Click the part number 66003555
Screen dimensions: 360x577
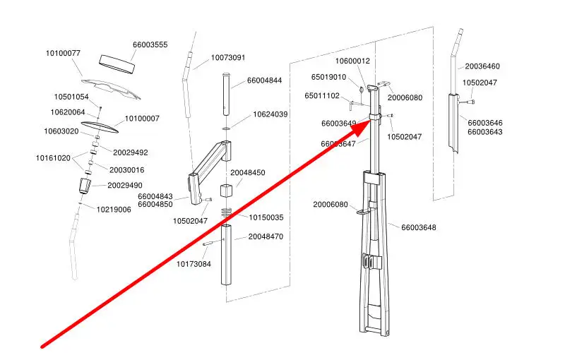(150, 44)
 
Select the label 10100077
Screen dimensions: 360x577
(63, 53)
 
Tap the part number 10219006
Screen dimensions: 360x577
(114, 210)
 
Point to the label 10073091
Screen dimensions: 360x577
(227, 58)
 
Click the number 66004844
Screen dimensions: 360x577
(264, 80)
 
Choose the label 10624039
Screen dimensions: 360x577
(270, 114)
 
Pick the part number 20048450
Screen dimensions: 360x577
(247, 172)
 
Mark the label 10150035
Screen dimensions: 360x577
(266, 217)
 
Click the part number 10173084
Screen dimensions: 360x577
(194, 264)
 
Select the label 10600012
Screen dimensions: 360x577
(352, 61)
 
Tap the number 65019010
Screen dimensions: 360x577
(328, 77)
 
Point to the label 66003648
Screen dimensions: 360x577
(419, 227)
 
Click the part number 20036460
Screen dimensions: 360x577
(482, 66)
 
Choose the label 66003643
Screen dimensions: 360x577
(485, 132)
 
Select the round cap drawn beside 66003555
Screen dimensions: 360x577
(117, 61)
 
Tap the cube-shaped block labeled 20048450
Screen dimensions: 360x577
(226, 191)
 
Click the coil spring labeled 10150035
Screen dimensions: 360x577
(226, 212)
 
